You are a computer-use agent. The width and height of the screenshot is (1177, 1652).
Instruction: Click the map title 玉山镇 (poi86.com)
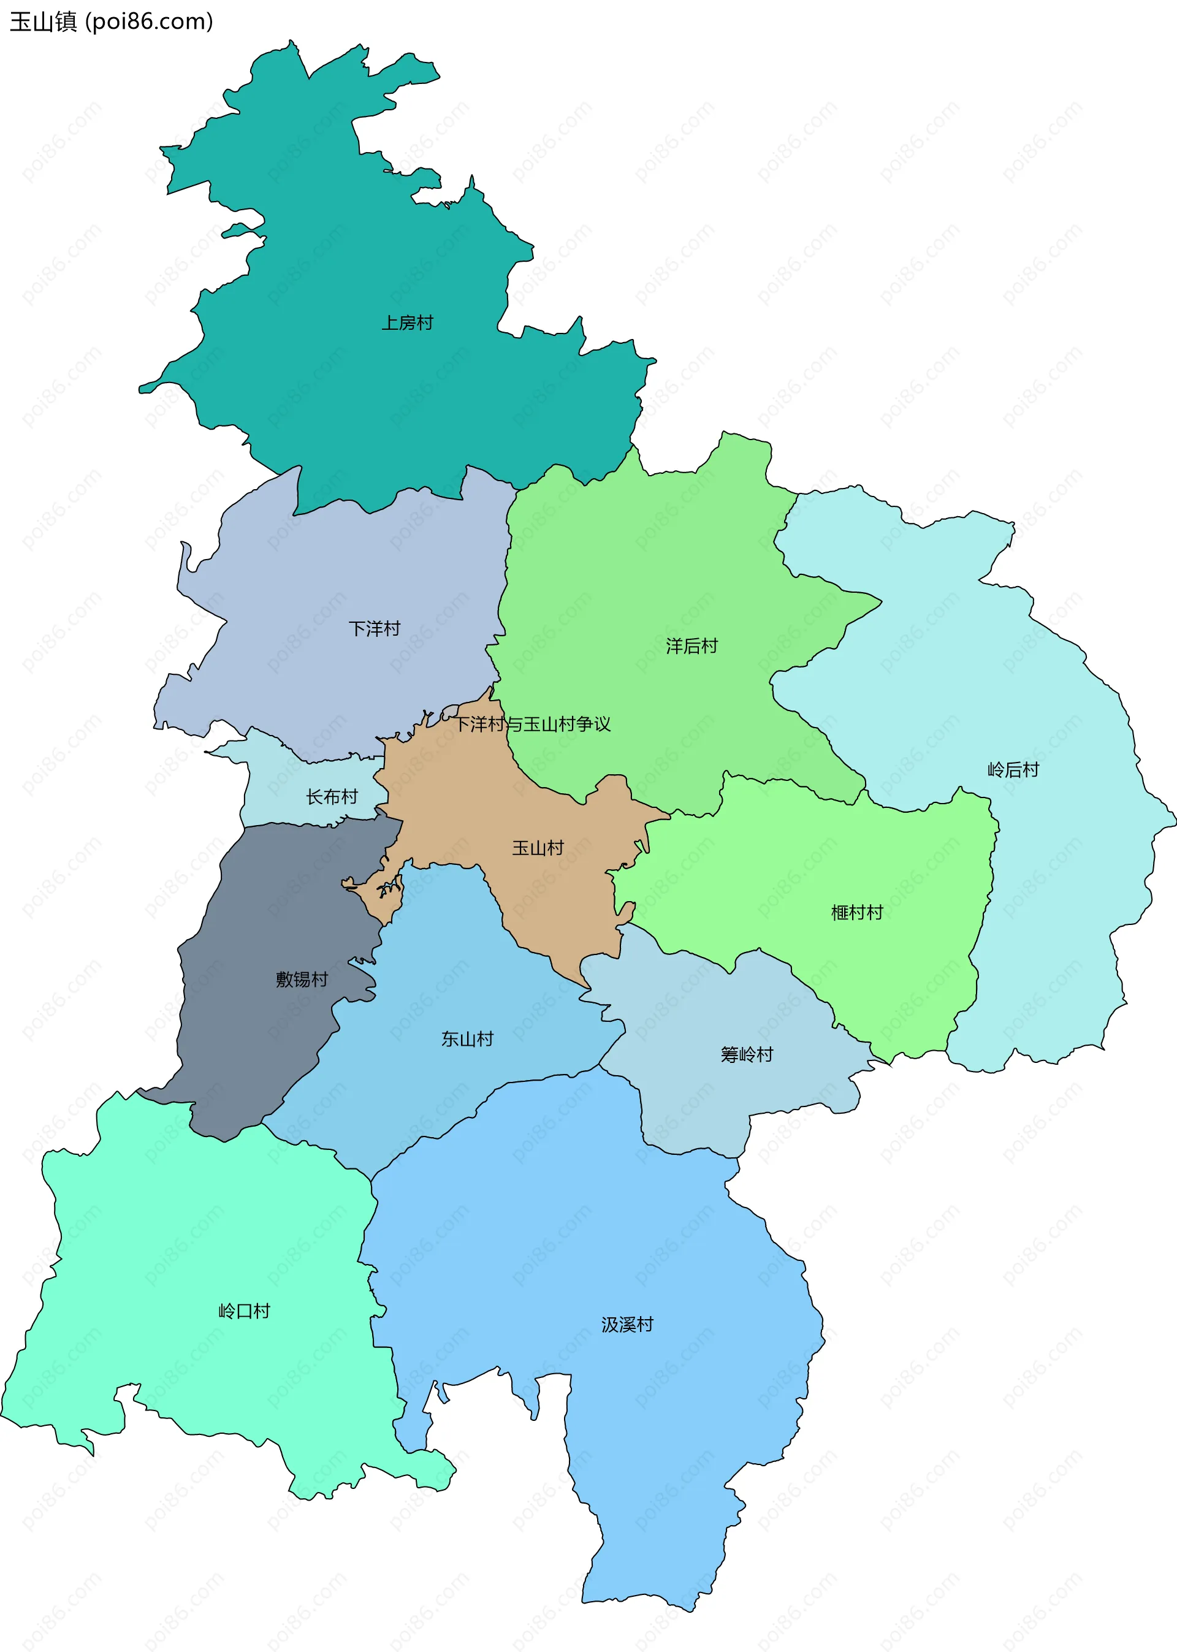coord(111,21)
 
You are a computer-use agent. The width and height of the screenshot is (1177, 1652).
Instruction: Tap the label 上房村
coord(407,323)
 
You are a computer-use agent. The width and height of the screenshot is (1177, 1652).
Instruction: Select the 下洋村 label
coord(374,629)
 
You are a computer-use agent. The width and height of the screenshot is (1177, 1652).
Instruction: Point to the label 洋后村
coord(691,646)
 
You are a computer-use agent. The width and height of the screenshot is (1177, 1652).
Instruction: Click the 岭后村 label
coord(1013,770)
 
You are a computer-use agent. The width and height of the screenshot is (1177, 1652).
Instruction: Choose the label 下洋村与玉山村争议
coord(532,725)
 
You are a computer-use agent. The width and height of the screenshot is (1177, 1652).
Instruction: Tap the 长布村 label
coord(332,797)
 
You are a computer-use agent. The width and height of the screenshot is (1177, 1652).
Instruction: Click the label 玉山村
coord(538,848)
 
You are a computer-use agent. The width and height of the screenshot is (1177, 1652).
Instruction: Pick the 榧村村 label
coord(856,913)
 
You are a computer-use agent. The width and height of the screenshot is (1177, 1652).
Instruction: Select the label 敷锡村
coord(302,980)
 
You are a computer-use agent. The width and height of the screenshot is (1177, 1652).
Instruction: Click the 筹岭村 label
coord(747,1055)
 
